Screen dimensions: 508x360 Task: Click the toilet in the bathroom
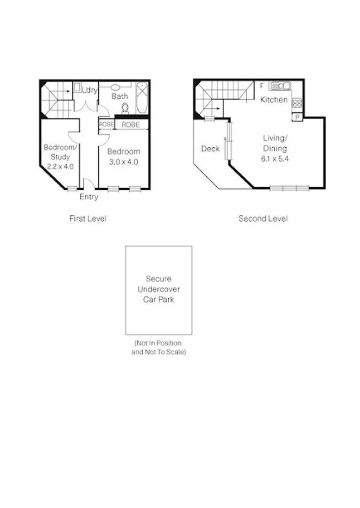125,108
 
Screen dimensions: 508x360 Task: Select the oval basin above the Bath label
116,87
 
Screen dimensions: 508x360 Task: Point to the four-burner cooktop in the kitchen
297,102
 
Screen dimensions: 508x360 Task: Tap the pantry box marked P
297,117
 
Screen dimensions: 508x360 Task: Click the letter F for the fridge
262,86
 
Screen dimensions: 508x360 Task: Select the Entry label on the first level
88,197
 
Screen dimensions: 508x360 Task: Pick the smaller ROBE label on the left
106,125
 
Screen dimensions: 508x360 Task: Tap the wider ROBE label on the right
130,125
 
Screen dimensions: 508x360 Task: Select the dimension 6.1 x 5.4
274,159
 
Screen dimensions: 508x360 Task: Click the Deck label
210,149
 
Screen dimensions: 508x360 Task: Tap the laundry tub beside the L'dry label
77,87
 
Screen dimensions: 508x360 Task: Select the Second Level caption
263,218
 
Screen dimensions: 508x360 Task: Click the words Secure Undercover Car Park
158,289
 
